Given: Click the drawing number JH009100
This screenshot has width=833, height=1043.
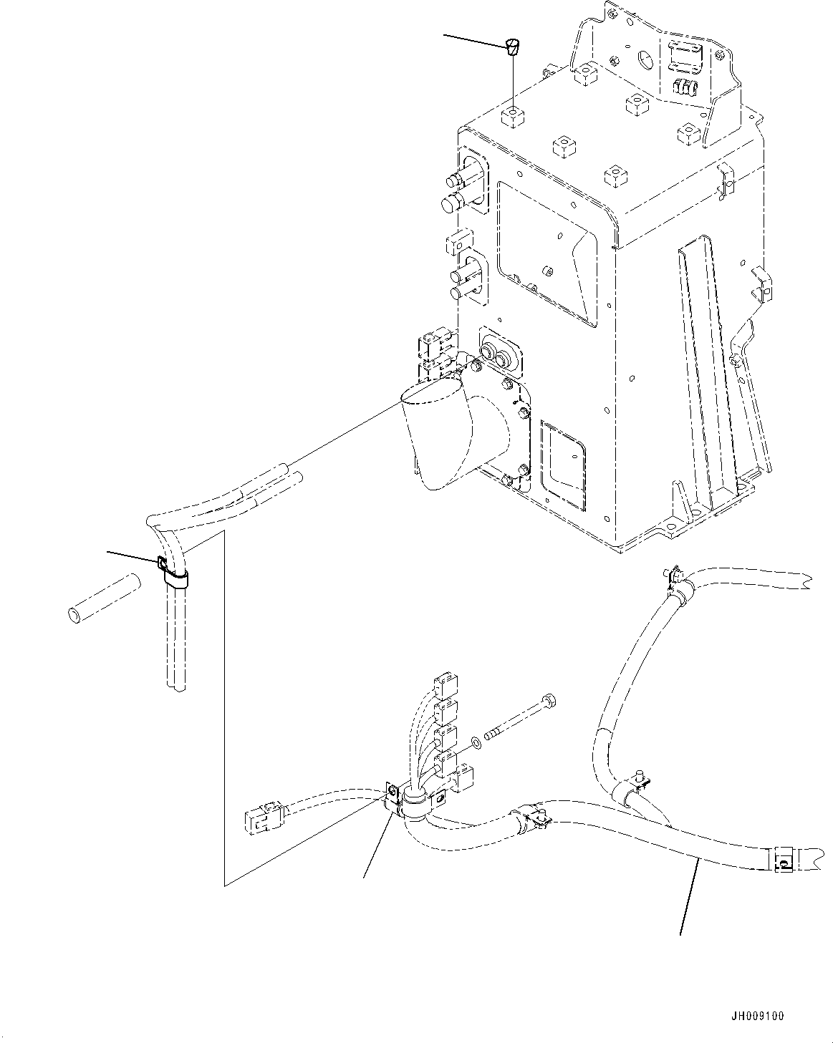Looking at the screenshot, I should point(757,1016).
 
